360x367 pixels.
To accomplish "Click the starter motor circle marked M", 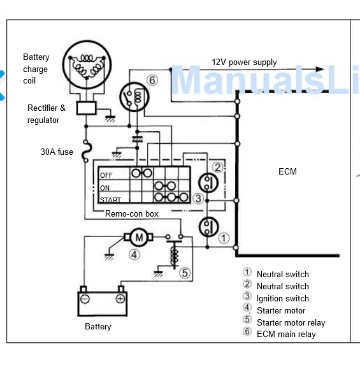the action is tap(139, 237).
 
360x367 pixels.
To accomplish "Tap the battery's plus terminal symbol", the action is tap(120, 299).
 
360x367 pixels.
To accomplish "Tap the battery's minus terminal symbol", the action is tap(85, 299).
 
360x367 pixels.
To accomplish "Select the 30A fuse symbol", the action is tap(86, 151).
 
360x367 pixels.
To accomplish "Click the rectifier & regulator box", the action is tap(87, 108).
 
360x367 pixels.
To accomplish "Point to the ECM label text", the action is tap(287, 171).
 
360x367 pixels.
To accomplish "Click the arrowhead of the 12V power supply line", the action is tap(320, 69).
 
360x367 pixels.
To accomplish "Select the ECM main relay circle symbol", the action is tap(134, 97).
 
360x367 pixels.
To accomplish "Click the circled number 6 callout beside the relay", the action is tap(152, 80).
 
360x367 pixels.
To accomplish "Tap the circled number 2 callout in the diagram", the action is tap(217, 168).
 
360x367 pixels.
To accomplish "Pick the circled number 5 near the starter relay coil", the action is tap(185, 273).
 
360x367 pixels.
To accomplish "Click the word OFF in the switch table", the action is tap(106, 175).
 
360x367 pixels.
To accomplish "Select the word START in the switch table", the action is tap(110, 200).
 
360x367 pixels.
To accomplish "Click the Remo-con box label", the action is tap(132, 213).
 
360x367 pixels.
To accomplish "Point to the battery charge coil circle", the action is tap(87, 64).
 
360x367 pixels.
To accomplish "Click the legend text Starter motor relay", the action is tap(291, 323).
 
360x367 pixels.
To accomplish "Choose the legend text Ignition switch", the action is tap(283, 299).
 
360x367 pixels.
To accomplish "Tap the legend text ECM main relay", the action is tap(286, 335).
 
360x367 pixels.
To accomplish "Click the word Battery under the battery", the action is tap(98, 326).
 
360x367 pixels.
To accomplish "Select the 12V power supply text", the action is tap(244, 62).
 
